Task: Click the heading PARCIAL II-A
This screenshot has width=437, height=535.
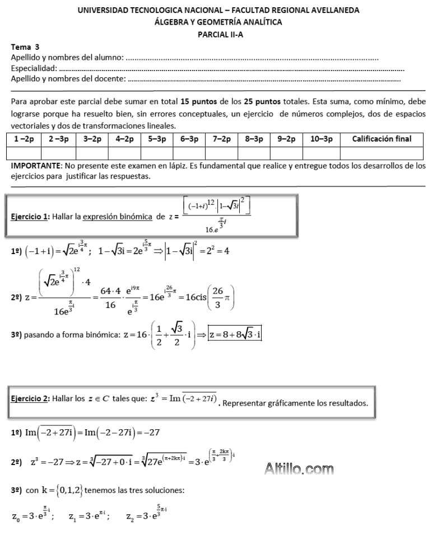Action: [x=218, y=34]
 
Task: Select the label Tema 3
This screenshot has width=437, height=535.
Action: [x=25, y=48]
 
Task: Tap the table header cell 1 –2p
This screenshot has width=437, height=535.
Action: [x=24, y=139]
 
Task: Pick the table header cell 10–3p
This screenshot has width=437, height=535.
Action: [x=322, y=139]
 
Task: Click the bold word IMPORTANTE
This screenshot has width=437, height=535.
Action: [x=36, y=167]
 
